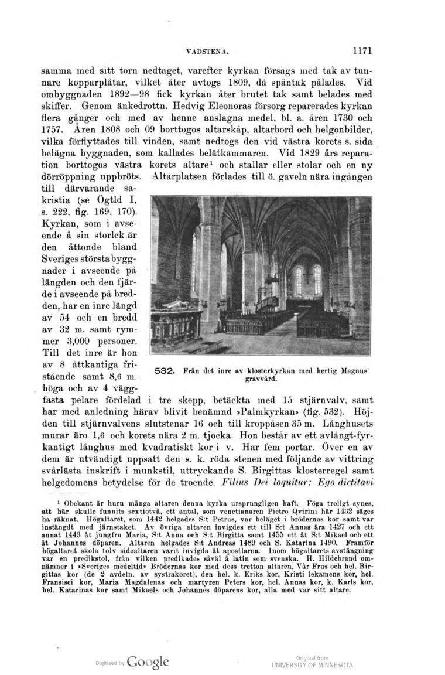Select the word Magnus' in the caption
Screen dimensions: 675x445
pos(356,371)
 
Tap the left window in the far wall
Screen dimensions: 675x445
pos(299,280)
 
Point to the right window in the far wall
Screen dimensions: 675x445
pos(317,280)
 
